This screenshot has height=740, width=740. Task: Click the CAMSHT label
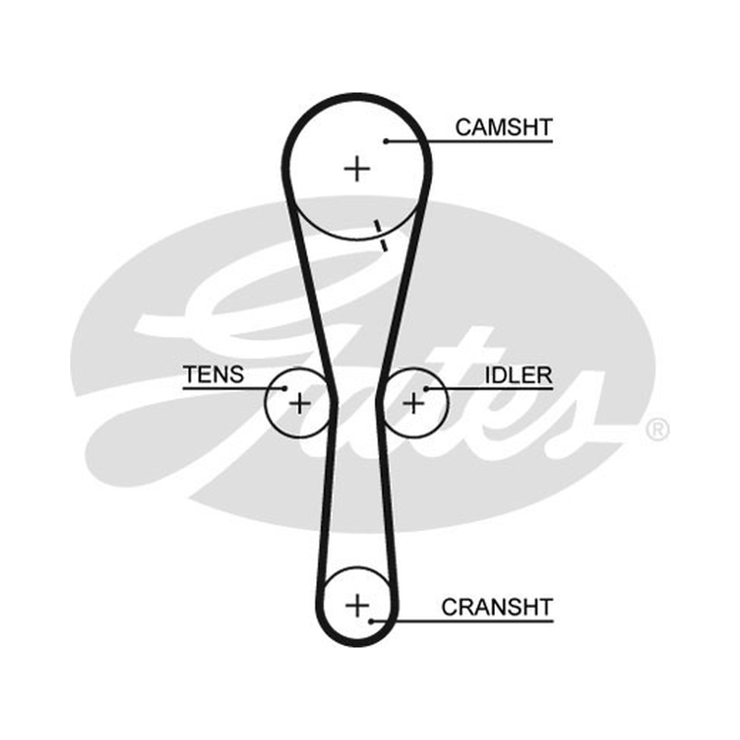503,128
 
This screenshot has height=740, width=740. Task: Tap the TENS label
214,375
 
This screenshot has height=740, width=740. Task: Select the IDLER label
519,376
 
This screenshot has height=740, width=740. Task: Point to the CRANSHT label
497,607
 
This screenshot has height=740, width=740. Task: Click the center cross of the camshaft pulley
357,168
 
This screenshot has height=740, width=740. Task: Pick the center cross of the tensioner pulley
300,404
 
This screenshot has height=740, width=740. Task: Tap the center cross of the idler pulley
414,404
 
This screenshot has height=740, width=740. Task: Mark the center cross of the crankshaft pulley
357,606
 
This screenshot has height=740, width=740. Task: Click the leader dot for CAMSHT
386,142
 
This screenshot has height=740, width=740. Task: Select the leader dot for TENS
285,388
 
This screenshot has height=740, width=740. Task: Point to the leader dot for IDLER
425,388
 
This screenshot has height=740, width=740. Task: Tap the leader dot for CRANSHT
372,622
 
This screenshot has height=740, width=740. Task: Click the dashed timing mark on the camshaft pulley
381,236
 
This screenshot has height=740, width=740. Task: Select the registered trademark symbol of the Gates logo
658,429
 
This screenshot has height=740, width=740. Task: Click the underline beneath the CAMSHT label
469,142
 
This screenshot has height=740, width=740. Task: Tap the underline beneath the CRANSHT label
462,622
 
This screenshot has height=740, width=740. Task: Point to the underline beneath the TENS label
234,388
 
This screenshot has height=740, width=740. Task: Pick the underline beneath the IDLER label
489,388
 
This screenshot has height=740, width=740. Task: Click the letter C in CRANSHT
450,607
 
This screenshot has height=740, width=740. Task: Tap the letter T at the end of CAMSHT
545,128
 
